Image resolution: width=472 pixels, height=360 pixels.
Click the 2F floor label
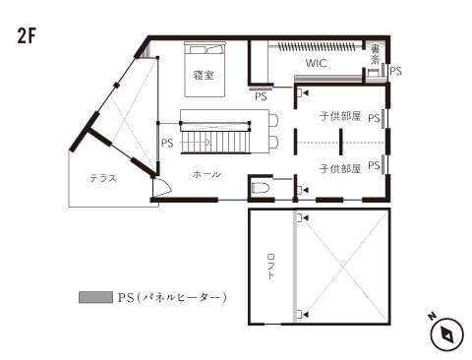click(x=27, y=36)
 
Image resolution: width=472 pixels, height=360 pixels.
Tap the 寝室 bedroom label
click(x=204, y=75)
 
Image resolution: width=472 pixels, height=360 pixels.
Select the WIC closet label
click(x=316, y=63)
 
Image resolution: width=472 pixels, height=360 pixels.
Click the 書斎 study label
click(x=375, y=54)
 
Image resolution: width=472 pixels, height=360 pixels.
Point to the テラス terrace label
click(x=103, y=178)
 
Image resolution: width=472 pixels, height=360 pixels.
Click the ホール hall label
click(x=206, y=174)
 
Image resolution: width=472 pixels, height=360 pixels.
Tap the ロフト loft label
click(x=270, y=267)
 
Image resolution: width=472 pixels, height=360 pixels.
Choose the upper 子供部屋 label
click(x=340, y=116)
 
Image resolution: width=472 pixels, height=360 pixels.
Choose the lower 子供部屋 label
click(x=340, y=169)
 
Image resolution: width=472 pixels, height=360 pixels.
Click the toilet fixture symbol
click(x=261, y=188)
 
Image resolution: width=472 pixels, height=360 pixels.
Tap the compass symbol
click(x=446, y=334)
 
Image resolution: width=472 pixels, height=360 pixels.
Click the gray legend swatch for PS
click(x=95, y=297)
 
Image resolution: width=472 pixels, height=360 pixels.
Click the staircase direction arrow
click(x=196, y=143)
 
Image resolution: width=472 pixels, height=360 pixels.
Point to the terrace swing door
click(x=162, y=187)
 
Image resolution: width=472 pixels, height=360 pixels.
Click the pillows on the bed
click(x=206, y=50)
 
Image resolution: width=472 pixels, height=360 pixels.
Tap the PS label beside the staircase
click(x=167, y=144)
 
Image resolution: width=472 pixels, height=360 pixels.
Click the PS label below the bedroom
click(x=261, y=96)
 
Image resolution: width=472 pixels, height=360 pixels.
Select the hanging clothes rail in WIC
click(x=317, y=46)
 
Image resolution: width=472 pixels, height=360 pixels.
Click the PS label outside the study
click(x=395, y=71)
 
